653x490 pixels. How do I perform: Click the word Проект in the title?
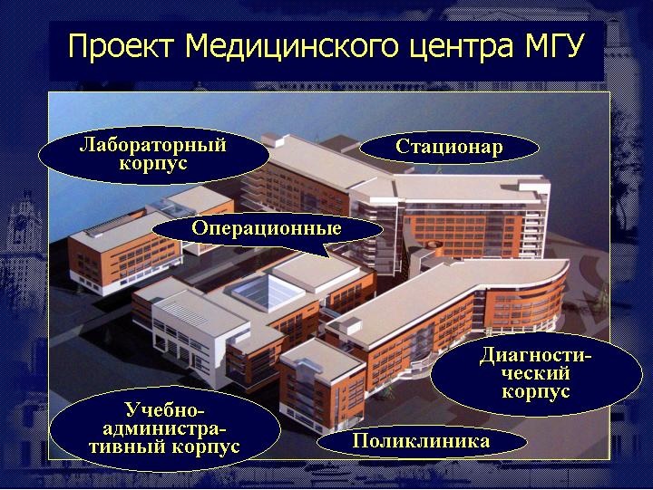tap(120, 45)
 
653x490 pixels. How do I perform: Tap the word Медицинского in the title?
tap(291, 46)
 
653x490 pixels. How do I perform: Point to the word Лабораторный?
tap(153, 145)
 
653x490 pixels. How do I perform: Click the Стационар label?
tap(449, 147)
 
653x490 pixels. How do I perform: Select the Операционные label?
tap(267, 228)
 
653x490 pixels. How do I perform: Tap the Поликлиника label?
tap(421, 441)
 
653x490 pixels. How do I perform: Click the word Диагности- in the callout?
tap(536, 356)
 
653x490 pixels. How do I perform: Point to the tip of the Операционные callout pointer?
tap(331, 257)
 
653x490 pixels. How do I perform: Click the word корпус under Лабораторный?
tap(153, 163)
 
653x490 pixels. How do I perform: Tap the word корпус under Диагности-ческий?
tap(536, 392)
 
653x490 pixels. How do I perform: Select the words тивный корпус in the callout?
tap(165, 447)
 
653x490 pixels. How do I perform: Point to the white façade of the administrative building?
tap(188, 345)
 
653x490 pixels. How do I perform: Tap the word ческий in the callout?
tap(536, 373)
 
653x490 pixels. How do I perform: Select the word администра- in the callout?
tap(165, 428)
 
